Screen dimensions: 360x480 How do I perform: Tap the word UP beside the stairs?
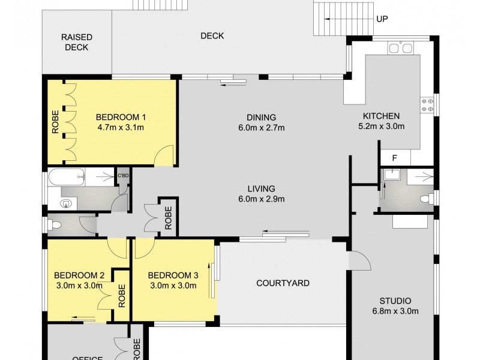(x=382, y=19)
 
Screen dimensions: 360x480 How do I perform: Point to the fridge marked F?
(x=394, y=158)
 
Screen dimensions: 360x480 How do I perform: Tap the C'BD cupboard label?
(x=123, y=175)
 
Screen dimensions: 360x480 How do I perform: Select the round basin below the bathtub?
(x=66, y=203)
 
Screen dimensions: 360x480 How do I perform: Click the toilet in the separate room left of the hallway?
(x=56, y=226)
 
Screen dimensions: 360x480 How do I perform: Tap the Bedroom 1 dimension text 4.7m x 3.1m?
(x=120, y=127)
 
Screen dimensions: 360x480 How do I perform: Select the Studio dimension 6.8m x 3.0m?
(x=394, y=311)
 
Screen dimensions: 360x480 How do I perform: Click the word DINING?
(x=260, y=117)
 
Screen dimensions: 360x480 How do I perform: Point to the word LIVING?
(x=260, y=188)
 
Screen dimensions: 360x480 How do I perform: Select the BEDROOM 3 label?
(x=173, y=275)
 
